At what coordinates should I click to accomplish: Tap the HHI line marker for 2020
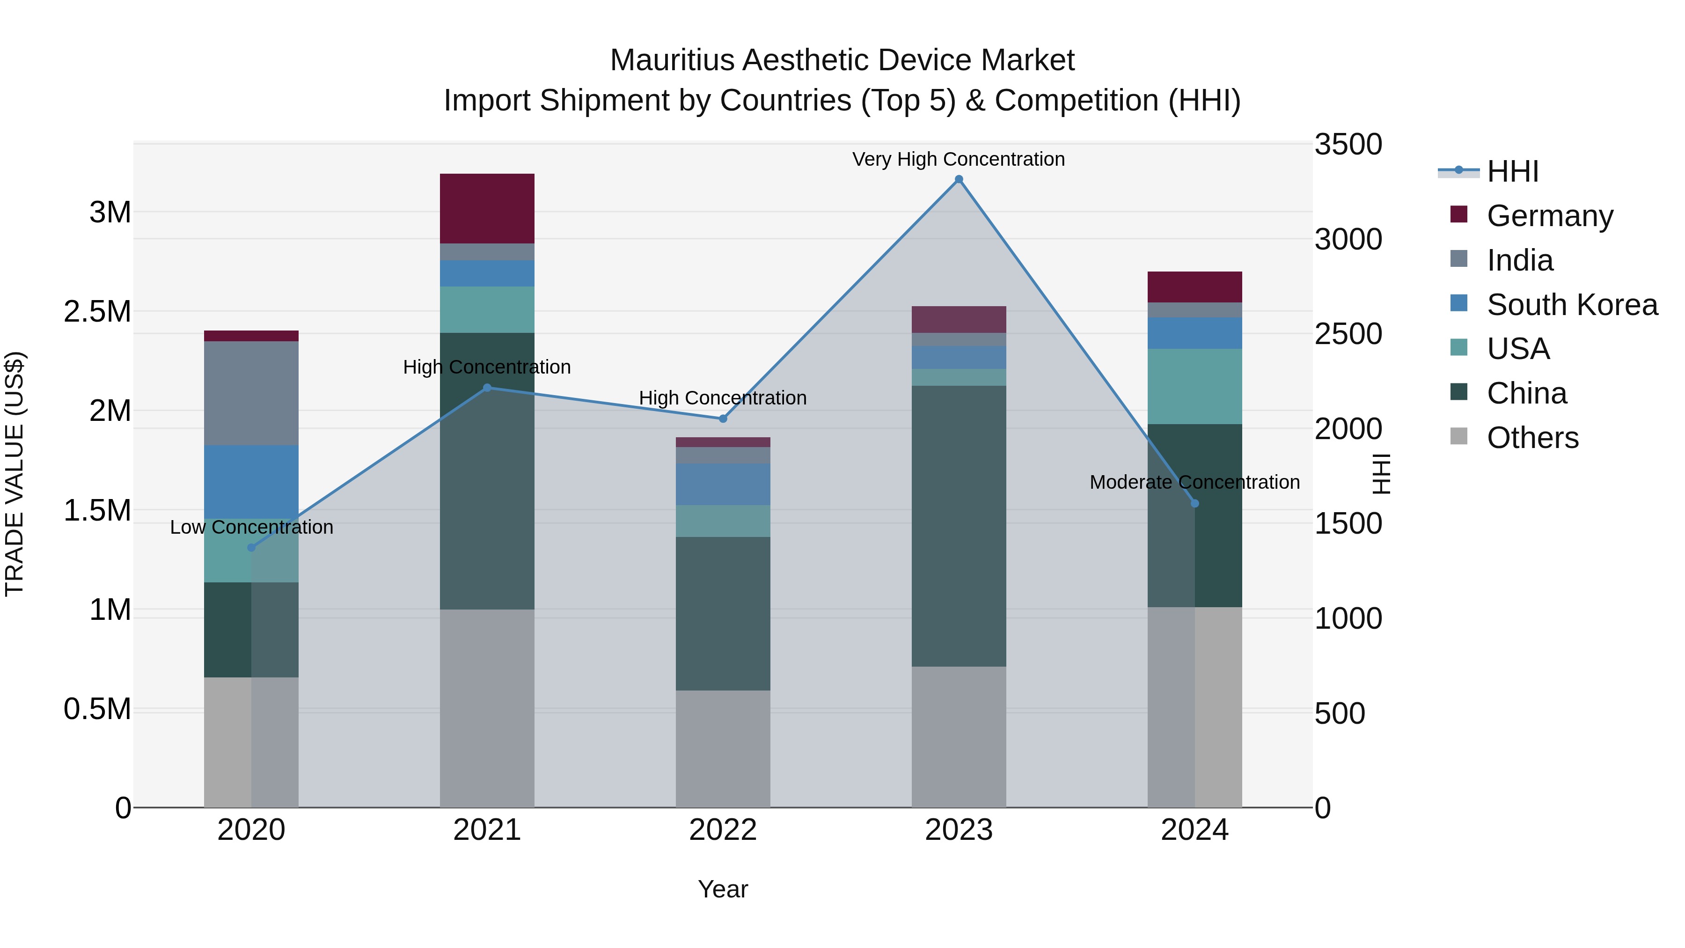pyautogui.click(x=251, y=548)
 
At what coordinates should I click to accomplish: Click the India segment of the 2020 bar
pyautogui.click(x=251, y=393)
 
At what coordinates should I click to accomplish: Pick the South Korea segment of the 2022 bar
pyautogui.click(x=722, y=484)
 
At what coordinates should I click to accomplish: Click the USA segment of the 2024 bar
pyautogui.click(x=1194, y=386)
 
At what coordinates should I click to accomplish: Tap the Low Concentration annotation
pyautogui.click(x=251, y=527)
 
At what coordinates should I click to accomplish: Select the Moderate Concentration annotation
pyautogui.click(x=1194, y=482)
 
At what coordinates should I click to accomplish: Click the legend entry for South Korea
pyautogui.click(x=1571, y=304)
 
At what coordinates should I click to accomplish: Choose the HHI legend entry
pyautogui.click(x=1512, y=171)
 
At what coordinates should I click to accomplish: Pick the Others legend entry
pyautogui.click(x=1532, y=437)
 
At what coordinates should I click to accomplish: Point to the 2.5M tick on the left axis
pyautogui.click(x=97, y=312)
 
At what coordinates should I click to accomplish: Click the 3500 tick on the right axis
pyautogui.click(x=1348, y=145)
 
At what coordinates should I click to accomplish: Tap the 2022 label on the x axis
pyautogui.click(x=722, y=830)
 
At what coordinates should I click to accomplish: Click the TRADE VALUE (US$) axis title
pyautogui.click(x=15, y=474)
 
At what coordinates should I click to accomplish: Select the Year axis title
pyautogui.click(x=722, y=889)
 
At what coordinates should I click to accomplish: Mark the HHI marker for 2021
pyautogui.click(x=487, y=387)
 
